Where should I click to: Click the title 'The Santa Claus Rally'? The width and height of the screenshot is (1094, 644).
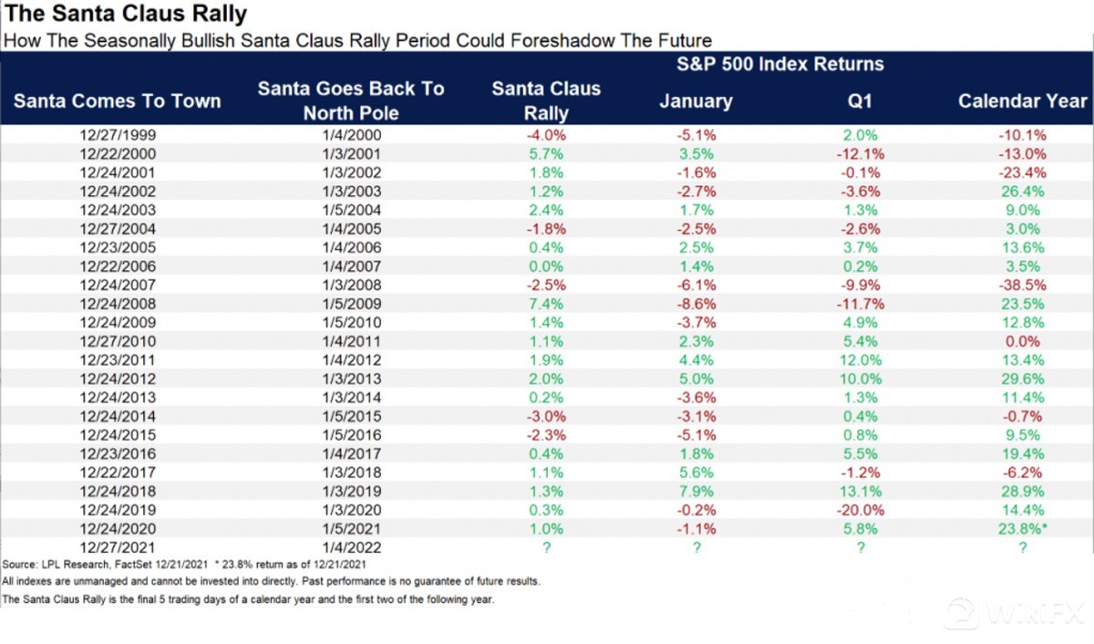coord(125,16)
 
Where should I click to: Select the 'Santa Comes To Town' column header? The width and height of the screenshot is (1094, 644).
coord(118,100)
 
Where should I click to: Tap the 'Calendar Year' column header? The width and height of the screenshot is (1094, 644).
coord(1023,100)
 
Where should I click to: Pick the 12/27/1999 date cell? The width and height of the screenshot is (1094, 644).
coord(118,134)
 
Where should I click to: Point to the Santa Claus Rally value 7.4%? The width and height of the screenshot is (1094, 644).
coord(546,303)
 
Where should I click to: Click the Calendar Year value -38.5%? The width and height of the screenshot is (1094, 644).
coord(1023,285)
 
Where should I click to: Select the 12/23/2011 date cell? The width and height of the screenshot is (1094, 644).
coord(118,359)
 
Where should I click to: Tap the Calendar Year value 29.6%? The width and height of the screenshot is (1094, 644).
coord(1023,379)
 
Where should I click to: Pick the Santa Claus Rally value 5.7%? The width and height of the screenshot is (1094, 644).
coord(546,153)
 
